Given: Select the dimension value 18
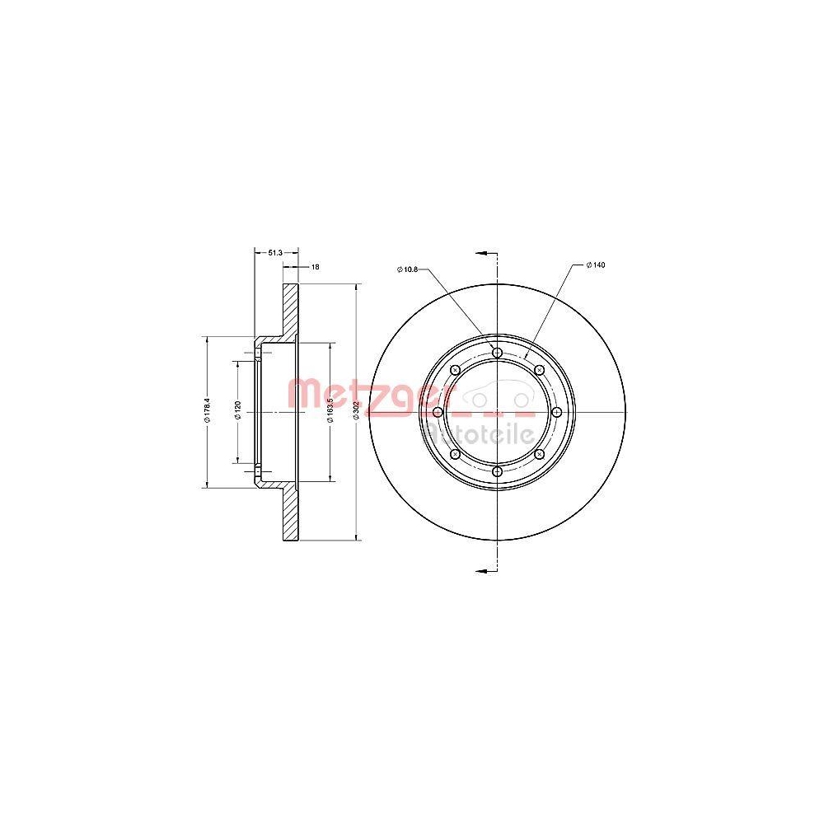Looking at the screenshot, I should pyautogui.click(x=314, y=267).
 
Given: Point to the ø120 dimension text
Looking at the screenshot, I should pyautogui.click(x=237, y=411).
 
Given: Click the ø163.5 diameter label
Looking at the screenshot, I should pyautogui.click(x=330, y=411).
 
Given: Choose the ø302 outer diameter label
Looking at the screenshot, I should pyautogui.click(x=356, y=411).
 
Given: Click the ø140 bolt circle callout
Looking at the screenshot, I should pyautogui.click(x=596, y=265).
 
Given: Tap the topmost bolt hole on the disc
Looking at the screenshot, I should pyautogui.click(x=496, y=353).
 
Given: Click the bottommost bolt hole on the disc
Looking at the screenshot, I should pyautogui.click(x=496, y=471).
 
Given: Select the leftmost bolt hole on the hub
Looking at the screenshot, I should pyautogui.click(x=437, y=412).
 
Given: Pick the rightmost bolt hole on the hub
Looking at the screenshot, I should pyautogui.click(x=556, y=412).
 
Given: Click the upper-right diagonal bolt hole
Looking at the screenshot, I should pyautogui.click(x=539, y=370).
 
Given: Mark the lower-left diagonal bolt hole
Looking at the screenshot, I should pyautogui.click(x=454, y=454).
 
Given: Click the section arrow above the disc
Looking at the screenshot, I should pyautogui.click(x=485, y=252).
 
